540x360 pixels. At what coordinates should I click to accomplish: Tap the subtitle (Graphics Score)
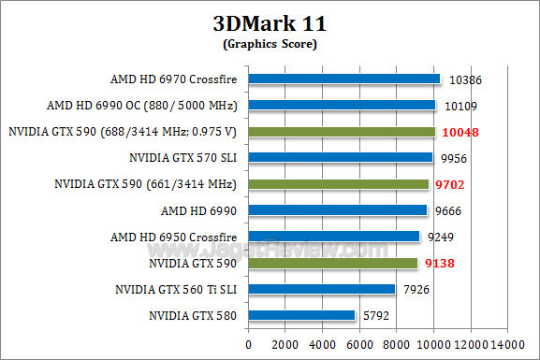tap(270, 43)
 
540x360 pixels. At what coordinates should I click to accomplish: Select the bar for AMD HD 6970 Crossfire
tap(343, 79)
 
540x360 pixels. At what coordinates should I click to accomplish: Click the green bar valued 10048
tap(342, 132)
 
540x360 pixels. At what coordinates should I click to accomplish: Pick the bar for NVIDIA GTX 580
tap(301, 316)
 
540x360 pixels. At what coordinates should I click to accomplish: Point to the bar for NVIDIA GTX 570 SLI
tap(341, 158)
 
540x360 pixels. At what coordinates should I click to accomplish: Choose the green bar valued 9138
tap(332, 264)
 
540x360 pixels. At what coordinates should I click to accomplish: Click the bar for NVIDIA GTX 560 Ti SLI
tap(321, 290)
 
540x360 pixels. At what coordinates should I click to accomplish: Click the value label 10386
tap(468, 80)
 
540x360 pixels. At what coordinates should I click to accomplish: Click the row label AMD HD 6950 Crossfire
tap(173, 238)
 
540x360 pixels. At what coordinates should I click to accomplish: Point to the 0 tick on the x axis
tap(248, 344)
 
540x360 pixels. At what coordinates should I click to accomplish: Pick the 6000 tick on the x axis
tap(359, 344)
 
